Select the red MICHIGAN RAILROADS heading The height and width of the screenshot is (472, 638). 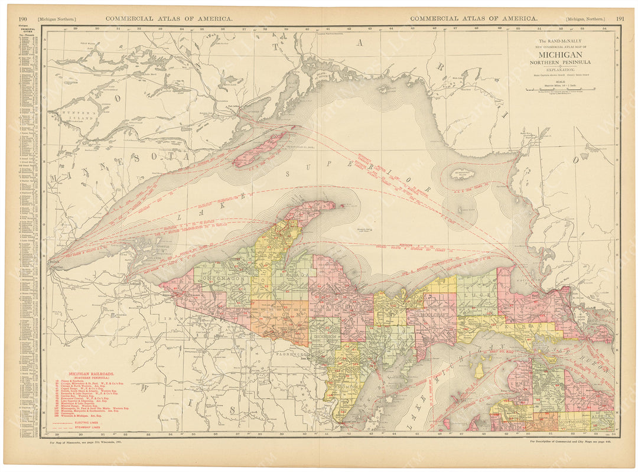92,375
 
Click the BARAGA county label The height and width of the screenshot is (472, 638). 289,275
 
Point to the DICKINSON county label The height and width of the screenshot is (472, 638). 324,340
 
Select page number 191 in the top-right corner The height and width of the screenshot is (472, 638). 620,18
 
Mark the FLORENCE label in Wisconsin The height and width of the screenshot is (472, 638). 292,357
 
